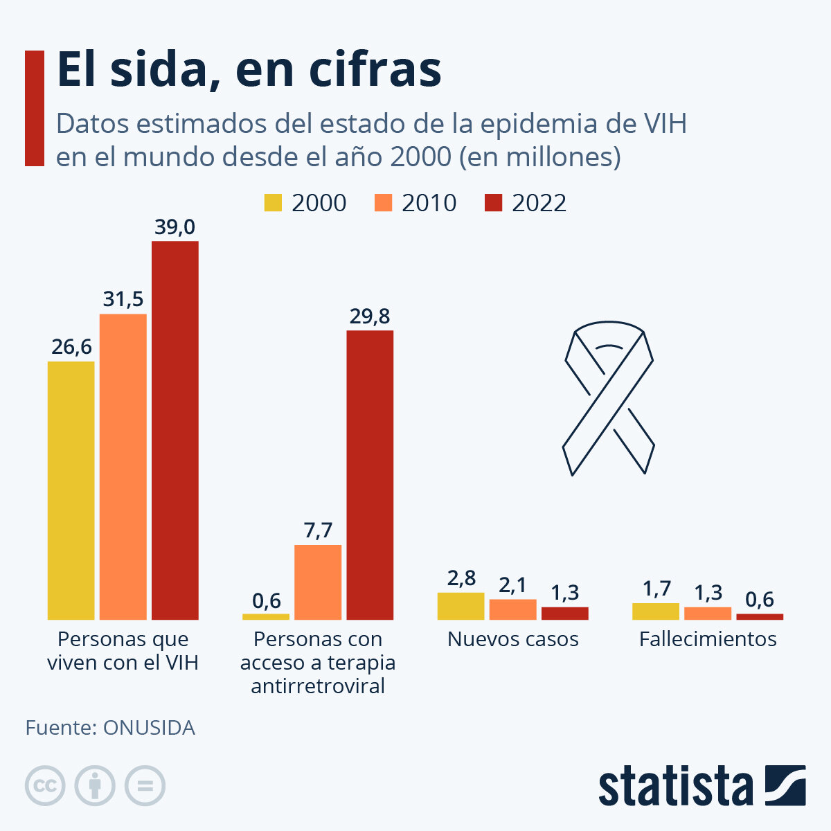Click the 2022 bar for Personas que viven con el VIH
pyautogui.click(x=175, y=430)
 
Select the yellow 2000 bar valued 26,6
pyautogui.click(x=71, y=490)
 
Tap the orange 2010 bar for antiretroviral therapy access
pyautogui.click(x=318, y=582)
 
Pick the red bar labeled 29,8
pyautogui.click(x=370, y=475)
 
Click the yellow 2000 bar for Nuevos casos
pyautogui.click(x=461, y=606)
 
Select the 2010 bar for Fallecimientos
pyautogui.click(x=708, y=613)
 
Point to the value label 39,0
pyautogui.click(x=175, y=227)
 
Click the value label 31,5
pyautogui.click(x=123, y=299)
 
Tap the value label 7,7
pyautogui.click(x=318, y=530)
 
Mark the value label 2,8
pyautogui.click(x=461, y=578)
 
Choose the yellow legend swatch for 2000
pyautogui.click(x=273, y=203)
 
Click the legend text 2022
pyautogui.click(x=539, y=203)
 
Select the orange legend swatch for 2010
pyautogui.click(x=383, y=203)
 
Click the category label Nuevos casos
pyautogui.click(x=512, y=638)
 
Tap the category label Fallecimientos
pyautogui.click(x=708, y=638)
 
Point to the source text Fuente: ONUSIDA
pyautogui.click(x=110, y=728)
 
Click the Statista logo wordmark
pyautogui.click(x=675, y=786)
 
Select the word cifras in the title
pyautogui.click(x=375, y=69)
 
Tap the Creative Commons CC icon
pyautogui.click(x=45, y=786)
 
